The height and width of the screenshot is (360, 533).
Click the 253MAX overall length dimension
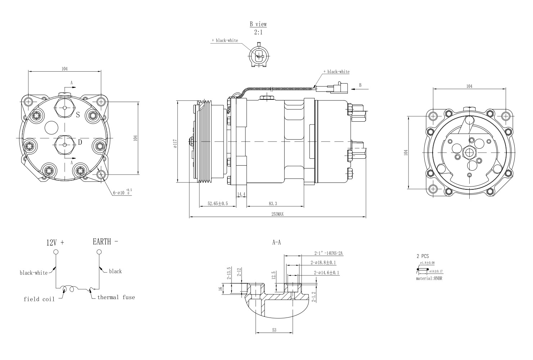[x=277, y=214]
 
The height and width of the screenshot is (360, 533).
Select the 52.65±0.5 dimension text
[x=218, y=204]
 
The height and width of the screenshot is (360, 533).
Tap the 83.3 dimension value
[x=273, y=204]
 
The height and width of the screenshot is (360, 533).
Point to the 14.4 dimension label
[x=241, y=194]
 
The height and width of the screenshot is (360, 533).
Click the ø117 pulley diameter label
[x=175, y=144]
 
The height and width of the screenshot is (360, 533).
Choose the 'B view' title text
[x=258, y=24]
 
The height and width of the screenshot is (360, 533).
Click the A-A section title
[x=276, y=243]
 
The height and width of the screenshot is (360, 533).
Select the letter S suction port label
[x=78, y=115]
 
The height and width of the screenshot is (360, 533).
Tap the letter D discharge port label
[x=80, y=142]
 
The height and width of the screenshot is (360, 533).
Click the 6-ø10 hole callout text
[x=122, y=193]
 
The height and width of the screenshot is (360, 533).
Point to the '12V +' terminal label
[x=55, y=243]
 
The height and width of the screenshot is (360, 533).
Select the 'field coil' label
[x=39, y=299]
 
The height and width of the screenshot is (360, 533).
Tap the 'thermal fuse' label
[x=116, y=297]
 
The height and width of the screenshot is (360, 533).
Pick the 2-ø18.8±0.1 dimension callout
[x=323, y=263]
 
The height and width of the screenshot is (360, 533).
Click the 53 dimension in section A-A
[x=274, y=330]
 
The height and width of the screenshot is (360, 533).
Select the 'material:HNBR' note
[x=429, y=279]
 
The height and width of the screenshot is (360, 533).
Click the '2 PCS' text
[x=423, y=256]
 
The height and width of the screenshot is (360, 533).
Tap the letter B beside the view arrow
[x=360, y=85]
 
